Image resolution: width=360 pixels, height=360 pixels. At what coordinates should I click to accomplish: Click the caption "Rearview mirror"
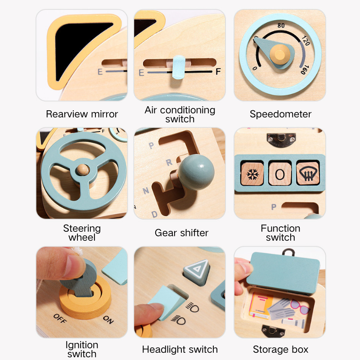click(x=82, y=114)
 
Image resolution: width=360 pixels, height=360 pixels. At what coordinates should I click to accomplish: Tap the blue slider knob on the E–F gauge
click(x=179, y=68)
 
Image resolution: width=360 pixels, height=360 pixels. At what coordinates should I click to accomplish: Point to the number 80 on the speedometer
click(x=281, y=26)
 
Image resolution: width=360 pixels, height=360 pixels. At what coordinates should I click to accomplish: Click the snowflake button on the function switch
click(x=251, y=173)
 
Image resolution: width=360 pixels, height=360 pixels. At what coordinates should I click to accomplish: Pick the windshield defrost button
click(x=308, y=173)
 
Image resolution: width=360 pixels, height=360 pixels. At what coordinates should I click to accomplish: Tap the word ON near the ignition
click(x=108, y=320)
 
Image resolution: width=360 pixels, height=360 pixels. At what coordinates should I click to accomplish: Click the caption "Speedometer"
click(x=280, y=114)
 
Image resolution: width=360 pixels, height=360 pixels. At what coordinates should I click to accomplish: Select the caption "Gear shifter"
click(x=181, y=233)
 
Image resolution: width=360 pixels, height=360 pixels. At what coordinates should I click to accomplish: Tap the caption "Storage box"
click(x=280, y=349)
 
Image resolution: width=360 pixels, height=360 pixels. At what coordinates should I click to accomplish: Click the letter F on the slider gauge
click(x=218, y=72)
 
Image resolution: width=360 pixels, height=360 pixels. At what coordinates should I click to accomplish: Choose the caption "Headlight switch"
click(x=180, y=349)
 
